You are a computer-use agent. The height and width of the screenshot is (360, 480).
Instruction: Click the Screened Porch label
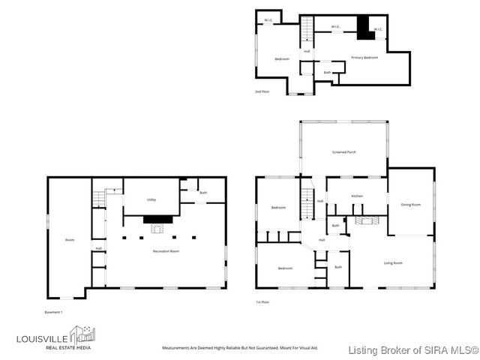coord(344,152)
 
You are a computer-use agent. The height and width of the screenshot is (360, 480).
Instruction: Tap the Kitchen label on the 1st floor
coord(357,196)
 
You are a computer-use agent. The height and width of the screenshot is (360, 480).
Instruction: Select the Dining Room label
coord(411,205)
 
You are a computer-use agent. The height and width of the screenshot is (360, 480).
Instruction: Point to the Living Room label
coord(393,262)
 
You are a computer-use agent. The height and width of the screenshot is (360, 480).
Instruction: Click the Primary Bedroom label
coord(364,58)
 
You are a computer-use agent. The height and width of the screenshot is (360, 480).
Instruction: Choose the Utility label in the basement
coord(151,200)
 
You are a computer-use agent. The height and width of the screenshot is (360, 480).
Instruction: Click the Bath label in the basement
coord(202,193)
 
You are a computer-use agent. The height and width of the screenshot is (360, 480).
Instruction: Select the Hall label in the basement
coord(98,248)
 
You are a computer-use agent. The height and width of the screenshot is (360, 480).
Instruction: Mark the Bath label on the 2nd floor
coord(328,73)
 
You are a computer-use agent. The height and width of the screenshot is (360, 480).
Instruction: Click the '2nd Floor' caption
coord(262,92)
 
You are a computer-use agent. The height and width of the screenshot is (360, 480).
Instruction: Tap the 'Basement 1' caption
coord(52,311)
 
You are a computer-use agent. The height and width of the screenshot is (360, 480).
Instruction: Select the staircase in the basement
coord(98,198)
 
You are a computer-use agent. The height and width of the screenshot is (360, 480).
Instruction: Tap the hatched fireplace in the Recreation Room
coord(157,220)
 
